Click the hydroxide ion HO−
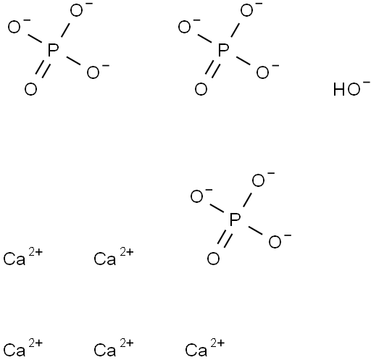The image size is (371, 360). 351,88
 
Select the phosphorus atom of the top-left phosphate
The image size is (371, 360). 53,50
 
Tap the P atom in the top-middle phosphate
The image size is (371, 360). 223,50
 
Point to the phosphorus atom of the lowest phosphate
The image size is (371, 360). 235,219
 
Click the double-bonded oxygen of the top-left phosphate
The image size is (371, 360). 30,89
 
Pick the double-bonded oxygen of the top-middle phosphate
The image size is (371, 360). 201,89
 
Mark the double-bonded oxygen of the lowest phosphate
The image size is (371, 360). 213,259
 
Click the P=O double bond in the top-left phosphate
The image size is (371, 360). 43,70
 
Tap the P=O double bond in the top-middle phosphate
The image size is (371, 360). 213,70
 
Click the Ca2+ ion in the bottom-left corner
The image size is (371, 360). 23,348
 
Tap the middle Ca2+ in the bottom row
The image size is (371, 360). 114,348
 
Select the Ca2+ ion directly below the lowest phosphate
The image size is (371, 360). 205,348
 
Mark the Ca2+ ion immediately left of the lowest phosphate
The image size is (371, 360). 114,257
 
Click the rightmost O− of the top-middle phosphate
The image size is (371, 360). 267,72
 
